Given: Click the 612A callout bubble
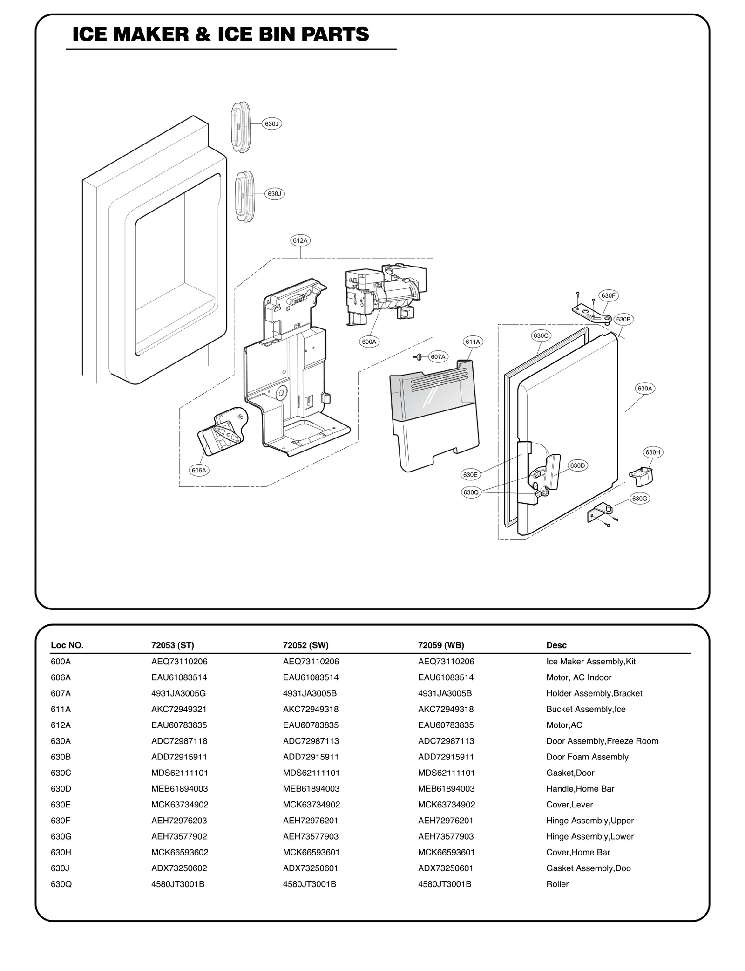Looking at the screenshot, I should [300, 240].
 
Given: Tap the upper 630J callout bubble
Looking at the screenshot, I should [271, 124].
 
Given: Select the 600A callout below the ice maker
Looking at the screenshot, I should [369, 342].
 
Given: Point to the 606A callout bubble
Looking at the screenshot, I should [199, 470].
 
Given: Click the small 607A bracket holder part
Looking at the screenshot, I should [418, 357].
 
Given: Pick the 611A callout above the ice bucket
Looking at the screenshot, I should [473, 342].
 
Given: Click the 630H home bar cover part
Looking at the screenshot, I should [642, 475].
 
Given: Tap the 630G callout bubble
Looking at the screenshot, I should [640, 499].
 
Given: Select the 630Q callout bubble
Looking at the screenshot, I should [471, 492].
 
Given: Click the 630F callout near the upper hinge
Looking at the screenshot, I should [608, 295].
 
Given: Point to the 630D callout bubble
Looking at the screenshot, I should [577, 465].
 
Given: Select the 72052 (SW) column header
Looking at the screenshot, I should [305, 645].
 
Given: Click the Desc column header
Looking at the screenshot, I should [556, 645].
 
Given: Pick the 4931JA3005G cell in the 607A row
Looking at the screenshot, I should [178, 693].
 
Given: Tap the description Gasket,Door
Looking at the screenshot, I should [570, 773].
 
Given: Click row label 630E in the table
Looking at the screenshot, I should [61, 805].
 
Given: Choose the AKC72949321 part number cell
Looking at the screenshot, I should [179, 709].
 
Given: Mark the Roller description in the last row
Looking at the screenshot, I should [557, 884].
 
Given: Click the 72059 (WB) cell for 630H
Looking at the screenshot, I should [446, 852].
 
